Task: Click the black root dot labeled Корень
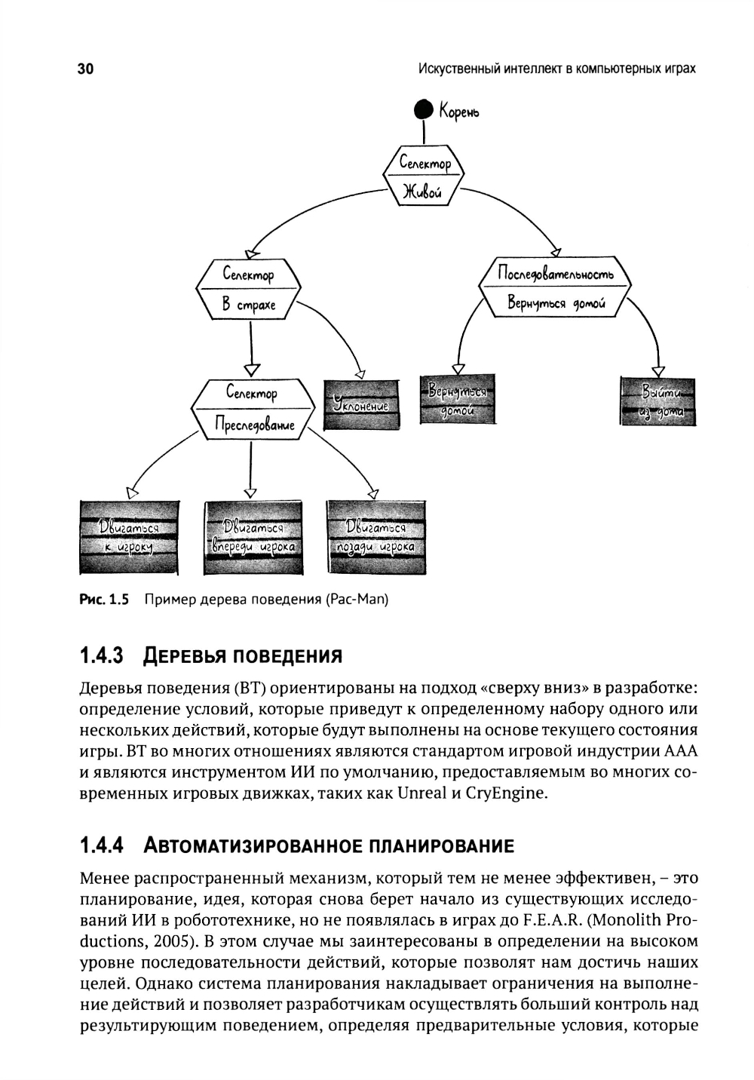(425, 110)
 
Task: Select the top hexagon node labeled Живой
(425, 176)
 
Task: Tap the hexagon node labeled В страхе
(248, 290)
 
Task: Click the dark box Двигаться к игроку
(129, 537)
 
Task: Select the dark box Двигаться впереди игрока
(253, 537)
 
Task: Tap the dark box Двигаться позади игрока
(375, 536)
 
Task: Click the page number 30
(85, 69)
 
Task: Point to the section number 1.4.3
(101, 655)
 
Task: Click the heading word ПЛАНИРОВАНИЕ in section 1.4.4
(441, 845)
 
